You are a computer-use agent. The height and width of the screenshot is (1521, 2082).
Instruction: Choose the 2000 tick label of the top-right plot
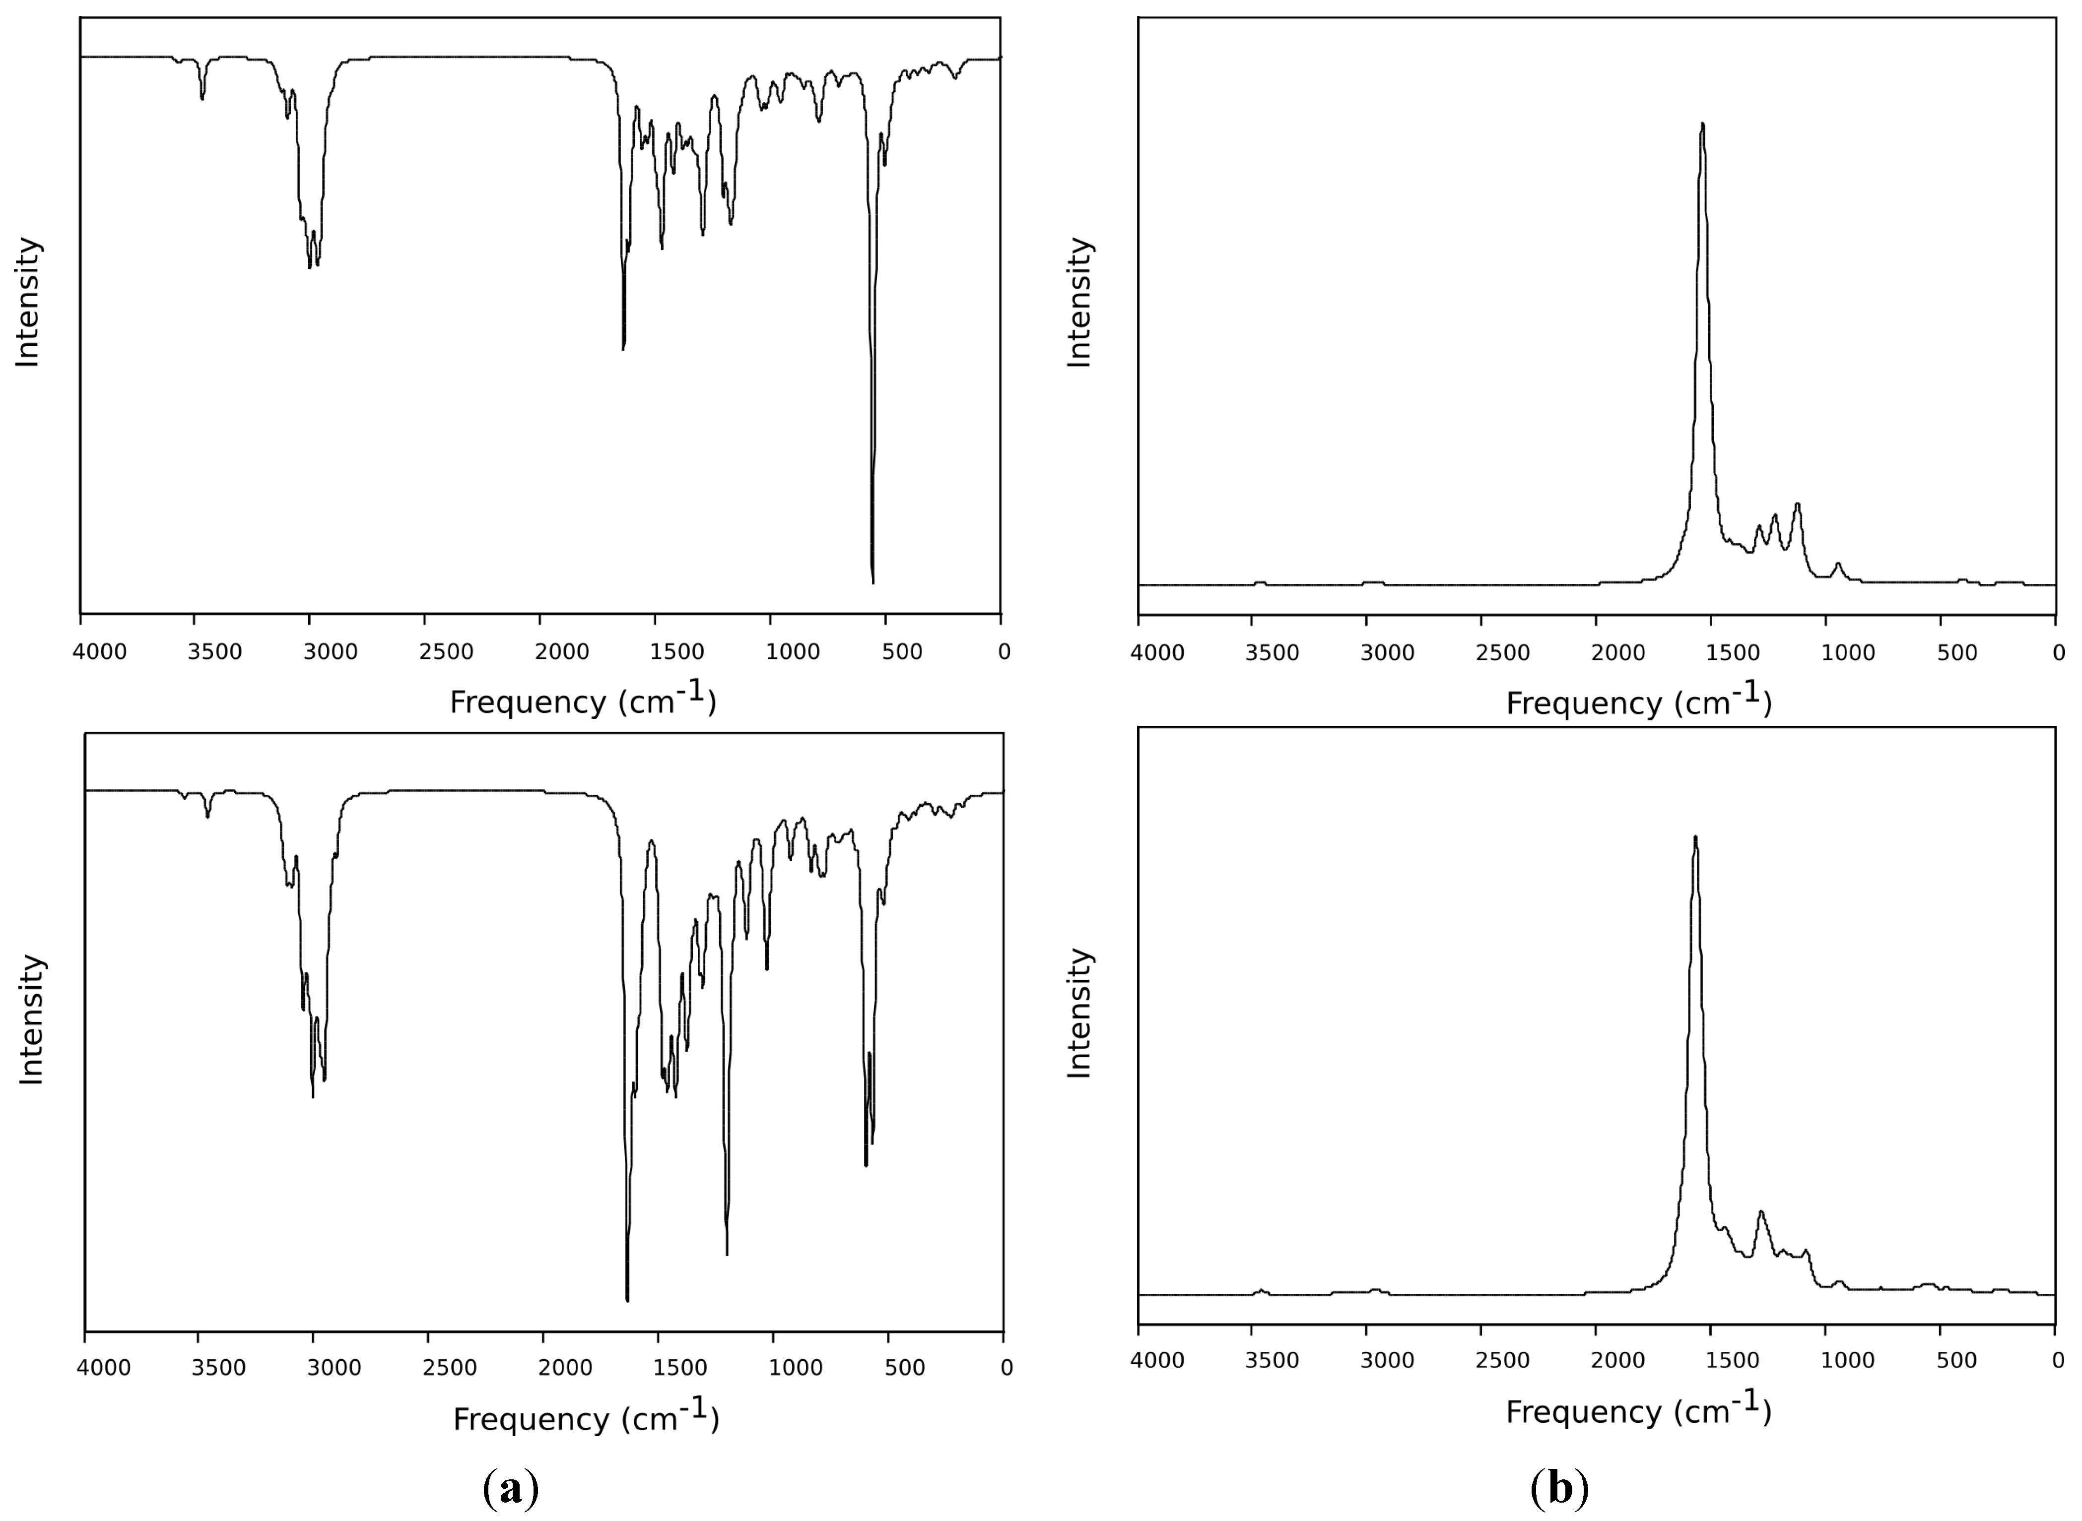pos(1618,654)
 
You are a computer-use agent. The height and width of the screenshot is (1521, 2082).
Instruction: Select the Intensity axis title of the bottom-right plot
pos(1078,1013)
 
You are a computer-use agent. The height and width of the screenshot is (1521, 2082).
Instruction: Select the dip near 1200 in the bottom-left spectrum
pos(727,1252)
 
